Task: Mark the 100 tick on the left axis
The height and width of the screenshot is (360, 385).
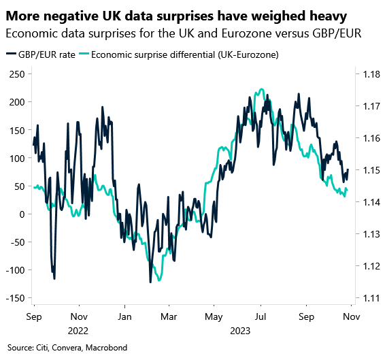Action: (16, 158)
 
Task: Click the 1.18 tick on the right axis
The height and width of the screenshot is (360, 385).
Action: (369, 73)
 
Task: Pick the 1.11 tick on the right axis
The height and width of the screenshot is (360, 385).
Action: (369, 298)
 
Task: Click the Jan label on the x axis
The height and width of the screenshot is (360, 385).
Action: (124, 316)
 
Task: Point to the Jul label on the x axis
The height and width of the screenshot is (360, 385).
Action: (261, 316)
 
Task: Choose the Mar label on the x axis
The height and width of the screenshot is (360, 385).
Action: (169, 316)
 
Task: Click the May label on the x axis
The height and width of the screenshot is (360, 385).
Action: (214, 316)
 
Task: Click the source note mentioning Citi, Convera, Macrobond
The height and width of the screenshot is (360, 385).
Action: (68, 348)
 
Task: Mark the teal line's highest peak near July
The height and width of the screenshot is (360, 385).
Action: (262, 89)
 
